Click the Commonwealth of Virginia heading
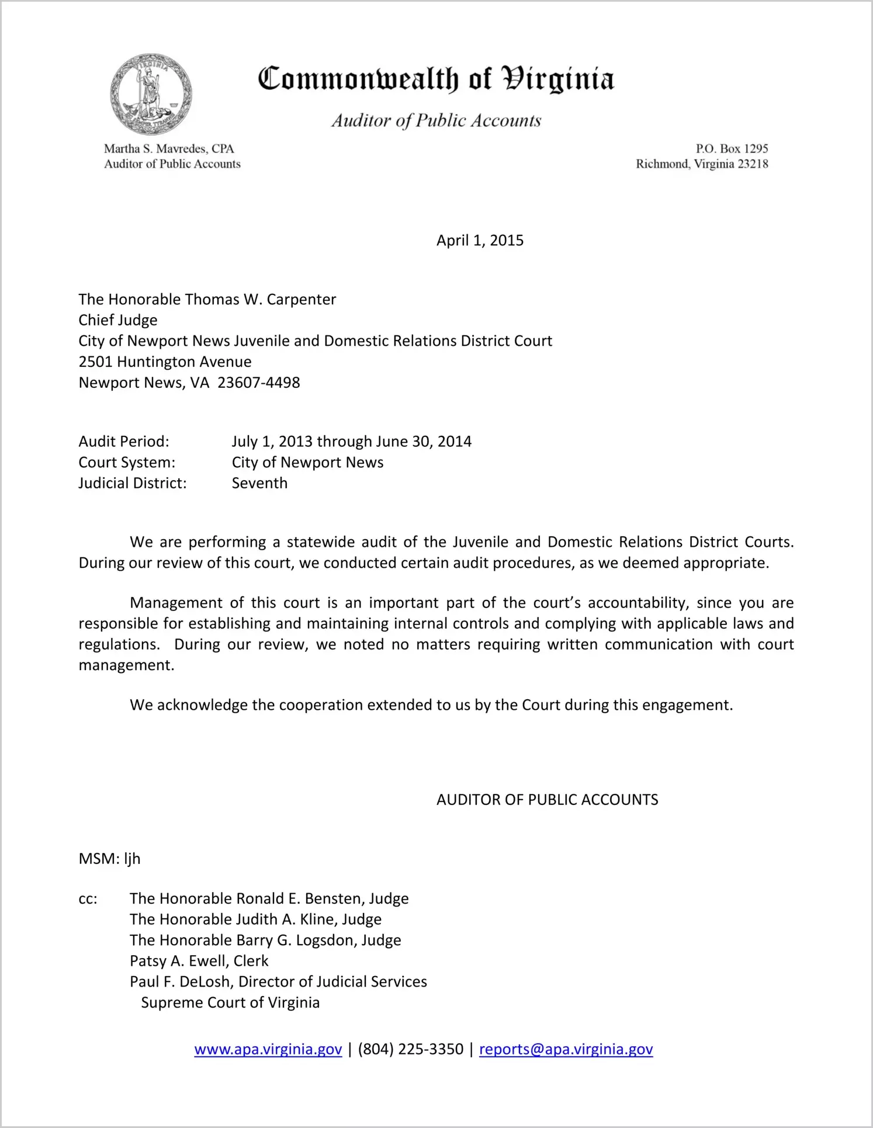click(436, 79)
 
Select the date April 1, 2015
click(480, 241)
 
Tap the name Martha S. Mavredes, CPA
click(169, 149)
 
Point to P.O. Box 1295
click(732, 149)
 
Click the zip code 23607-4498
click(259, 383)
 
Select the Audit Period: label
click(124, 442)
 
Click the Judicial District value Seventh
click(259, 483)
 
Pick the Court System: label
click(127, 463)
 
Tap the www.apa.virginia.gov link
click(268, 1049)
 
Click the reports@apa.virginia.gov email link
click(566, 1049)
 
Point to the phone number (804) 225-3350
click(410, 1049)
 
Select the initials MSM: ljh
click(110, 859)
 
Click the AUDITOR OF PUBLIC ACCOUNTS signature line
click(547, 800)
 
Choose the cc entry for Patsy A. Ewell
click(199, 961)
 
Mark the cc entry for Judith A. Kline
click(255, 919)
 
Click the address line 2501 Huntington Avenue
click(165, 362)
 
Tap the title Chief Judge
click(118, 320)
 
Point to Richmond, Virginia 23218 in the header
click(702, 164)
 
